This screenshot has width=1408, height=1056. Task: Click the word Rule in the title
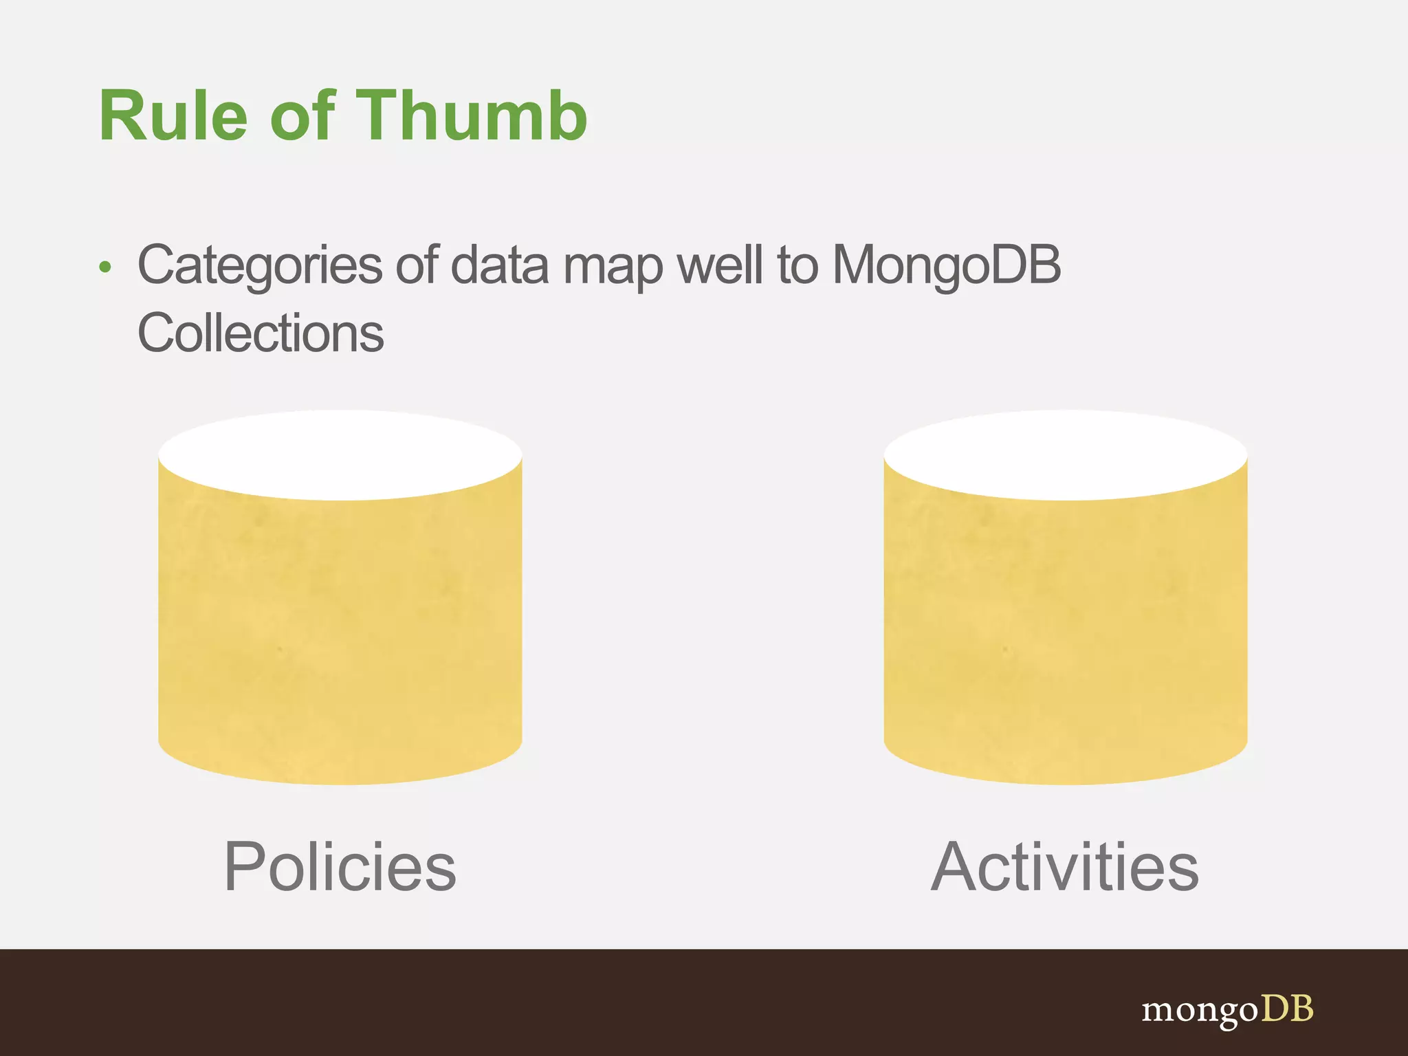coord(173,116)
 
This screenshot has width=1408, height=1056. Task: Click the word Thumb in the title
coord(471,116)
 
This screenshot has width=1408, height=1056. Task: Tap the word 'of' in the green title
coord(302,116)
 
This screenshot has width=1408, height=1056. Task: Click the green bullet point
coord(104,267)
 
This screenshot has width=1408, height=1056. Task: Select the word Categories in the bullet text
coord(259,266)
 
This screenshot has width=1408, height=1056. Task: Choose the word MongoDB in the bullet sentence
coord(946,266)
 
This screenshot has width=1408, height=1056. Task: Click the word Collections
coord(261,333)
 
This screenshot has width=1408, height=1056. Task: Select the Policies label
coord(340,867)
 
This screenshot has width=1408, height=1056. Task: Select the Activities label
coord(1064,867)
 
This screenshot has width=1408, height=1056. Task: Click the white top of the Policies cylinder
coord(340,454)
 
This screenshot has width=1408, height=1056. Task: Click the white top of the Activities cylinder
coord(1065,454)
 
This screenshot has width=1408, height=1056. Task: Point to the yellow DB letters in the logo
coord(1287,1009)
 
